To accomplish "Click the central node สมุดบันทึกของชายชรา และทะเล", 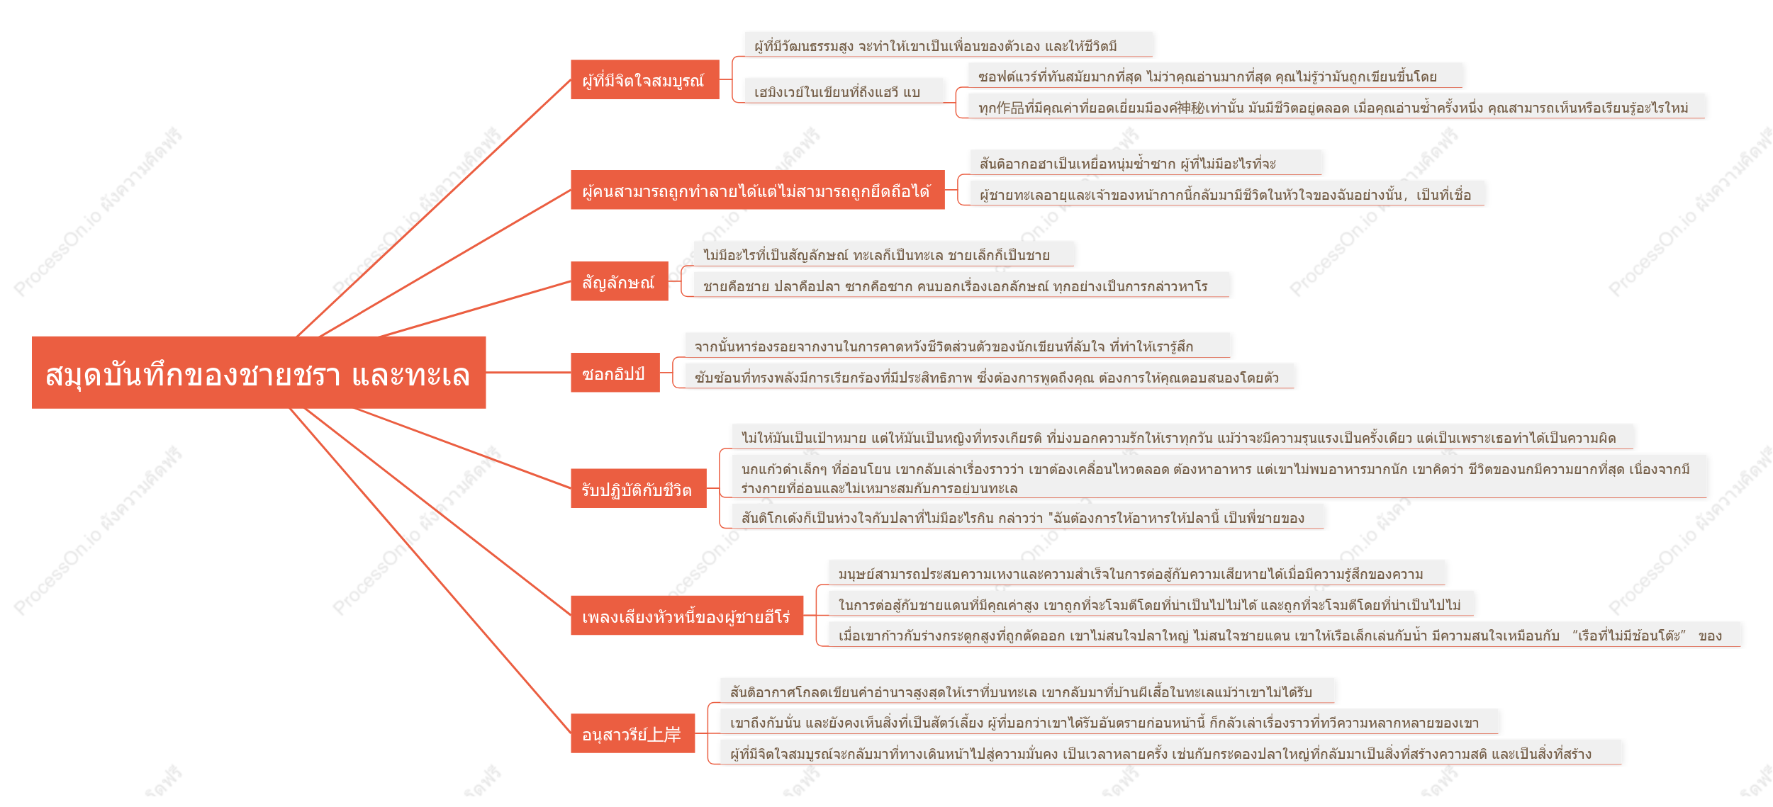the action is click(x=259, y=373).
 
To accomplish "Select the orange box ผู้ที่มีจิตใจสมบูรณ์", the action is click(x=645, y=80).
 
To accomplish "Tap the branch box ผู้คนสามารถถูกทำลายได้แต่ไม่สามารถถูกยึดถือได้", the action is click(x=758, y=190).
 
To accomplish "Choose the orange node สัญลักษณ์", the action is click(x=620, y=281).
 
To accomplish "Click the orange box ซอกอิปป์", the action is click(x=615, y=373).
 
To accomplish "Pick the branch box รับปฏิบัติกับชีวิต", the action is click(x=639, y=489).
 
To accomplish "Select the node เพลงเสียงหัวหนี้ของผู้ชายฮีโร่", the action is click(x=687, y=616).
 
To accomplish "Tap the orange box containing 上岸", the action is click(x=633, y=733).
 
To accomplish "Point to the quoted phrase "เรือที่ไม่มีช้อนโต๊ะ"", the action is click(x=1629, y=635).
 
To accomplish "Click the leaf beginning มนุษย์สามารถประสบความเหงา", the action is click(x=1137, y=573).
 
